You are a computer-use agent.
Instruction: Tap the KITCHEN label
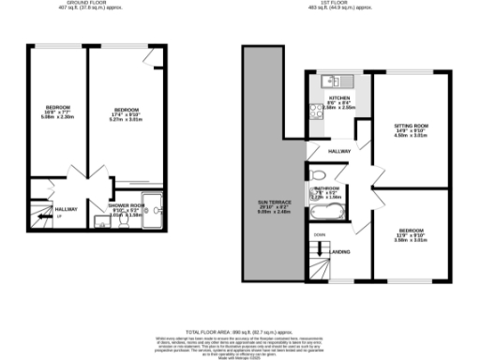339,97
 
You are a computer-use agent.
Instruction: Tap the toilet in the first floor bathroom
318,175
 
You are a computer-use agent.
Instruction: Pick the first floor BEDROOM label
414,229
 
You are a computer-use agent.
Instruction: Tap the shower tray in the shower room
152,210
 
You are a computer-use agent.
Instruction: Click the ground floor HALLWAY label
66,208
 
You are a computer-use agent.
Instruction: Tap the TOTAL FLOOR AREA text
240,333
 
